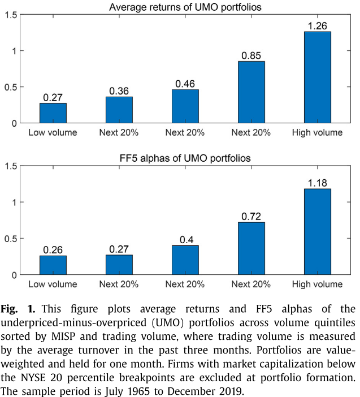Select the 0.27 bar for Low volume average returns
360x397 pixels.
[x=53, y=113]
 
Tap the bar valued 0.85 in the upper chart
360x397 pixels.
[x=251, y=92]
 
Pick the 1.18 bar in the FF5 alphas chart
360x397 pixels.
[x=318, y=232]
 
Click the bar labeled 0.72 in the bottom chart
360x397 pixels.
[x=251, y=248]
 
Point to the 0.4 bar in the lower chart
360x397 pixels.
[x=185, y=260]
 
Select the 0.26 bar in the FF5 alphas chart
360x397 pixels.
[x=53, y=265]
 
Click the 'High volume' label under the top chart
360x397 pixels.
[x=318, y=132]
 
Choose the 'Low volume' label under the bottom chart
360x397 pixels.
[x=53, y=284]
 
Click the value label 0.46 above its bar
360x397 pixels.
[x=185, y=83]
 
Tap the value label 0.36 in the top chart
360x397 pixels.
[x=119, y=90]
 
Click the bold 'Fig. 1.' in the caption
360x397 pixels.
[x=17, y=310]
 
